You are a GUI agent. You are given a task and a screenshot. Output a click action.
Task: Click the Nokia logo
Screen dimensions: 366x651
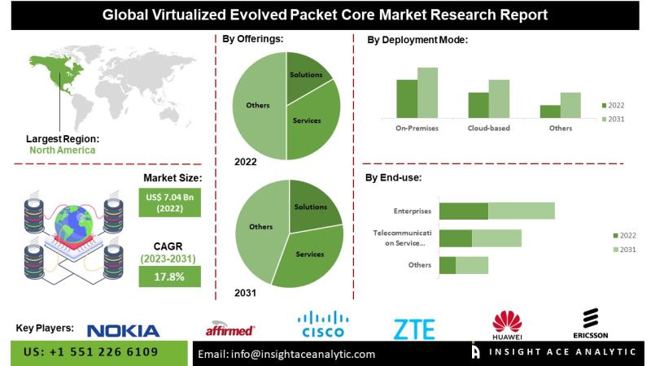pyautogui.click(x=123, y=330)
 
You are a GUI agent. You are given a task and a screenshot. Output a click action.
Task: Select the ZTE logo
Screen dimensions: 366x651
pyautogui.click(x=414, y=329)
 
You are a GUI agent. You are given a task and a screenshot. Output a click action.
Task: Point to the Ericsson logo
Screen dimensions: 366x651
pyautogui.click(x=591, y=323)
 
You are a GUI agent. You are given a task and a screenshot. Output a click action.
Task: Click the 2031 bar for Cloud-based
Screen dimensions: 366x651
pyautogui.click(x=499, y=98)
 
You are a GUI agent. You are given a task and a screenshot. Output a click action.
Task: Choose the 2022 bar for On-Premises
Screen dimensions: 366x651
pyautogui.click(x=407, y=98)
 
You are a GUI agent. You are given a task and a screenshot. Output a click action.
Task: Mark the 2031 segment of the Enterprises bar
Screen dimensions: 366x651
pyautogui.click(x=522, y=211)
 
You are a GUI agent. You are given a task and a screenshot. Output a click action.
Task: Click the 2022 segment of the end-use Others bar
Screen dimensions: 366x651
pyautogui.click(x=447, y=265)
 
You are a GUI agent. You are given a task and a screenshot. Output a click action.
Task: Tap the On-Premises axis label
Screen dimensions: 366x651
pyautogui.click(x=417, y=129)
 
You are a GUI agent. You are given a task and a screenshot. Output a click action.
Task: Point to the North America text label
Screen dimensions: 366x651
pyautogui.click(x=63, y=150)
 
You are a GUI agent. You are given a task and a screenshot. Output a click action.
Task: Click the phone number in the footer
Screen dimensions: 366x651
pyautogui.click(x=92, y=352)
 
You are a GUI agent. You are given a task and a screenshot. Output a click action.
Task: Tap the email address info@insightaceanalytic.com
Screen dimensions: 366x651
pyautogui.click(x=286, y=354)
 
